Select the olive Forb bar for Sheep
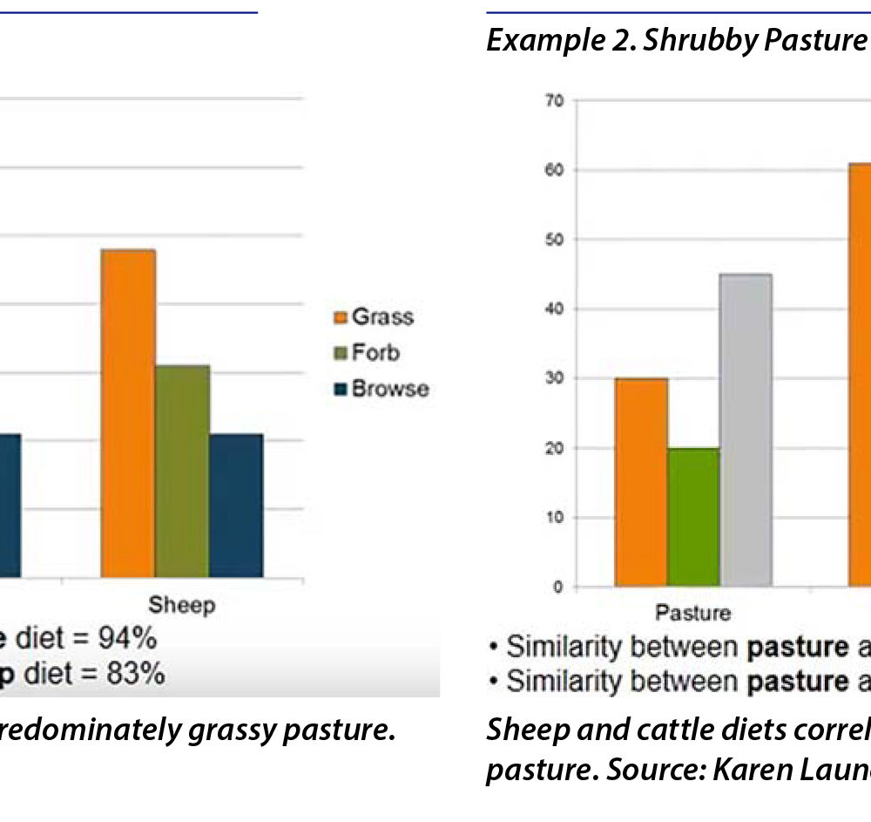tap(183, 471)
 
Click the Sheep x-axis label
tap(181, 605)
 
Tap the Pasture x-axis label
tap(693, 614)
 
